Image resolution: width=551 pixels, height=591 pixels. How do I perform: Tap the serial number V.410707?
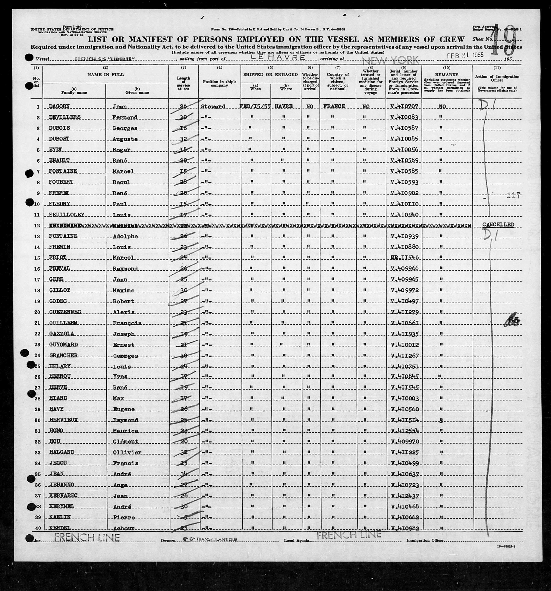coord(405,106)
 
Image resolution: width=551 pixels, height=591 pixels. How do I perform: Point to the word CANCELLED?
coord(498,225)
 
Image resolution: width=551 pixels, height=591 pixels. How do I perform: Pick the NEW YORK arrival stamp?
coord(391,60)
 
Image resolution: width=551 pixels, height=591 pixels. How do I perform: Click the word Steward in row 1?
coord(213,106)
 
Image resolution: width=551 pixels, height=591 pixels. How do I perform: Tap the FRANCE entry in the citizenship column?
coord(334,106)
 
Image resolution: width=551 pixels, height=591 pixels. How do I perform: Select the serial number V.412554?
coord(405,431)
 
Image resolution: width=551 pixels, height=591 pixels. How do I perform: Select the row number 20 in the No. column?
coord(37,312)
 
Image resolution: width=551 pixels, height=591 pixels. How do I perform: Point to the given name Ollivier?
coord(125,452)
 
